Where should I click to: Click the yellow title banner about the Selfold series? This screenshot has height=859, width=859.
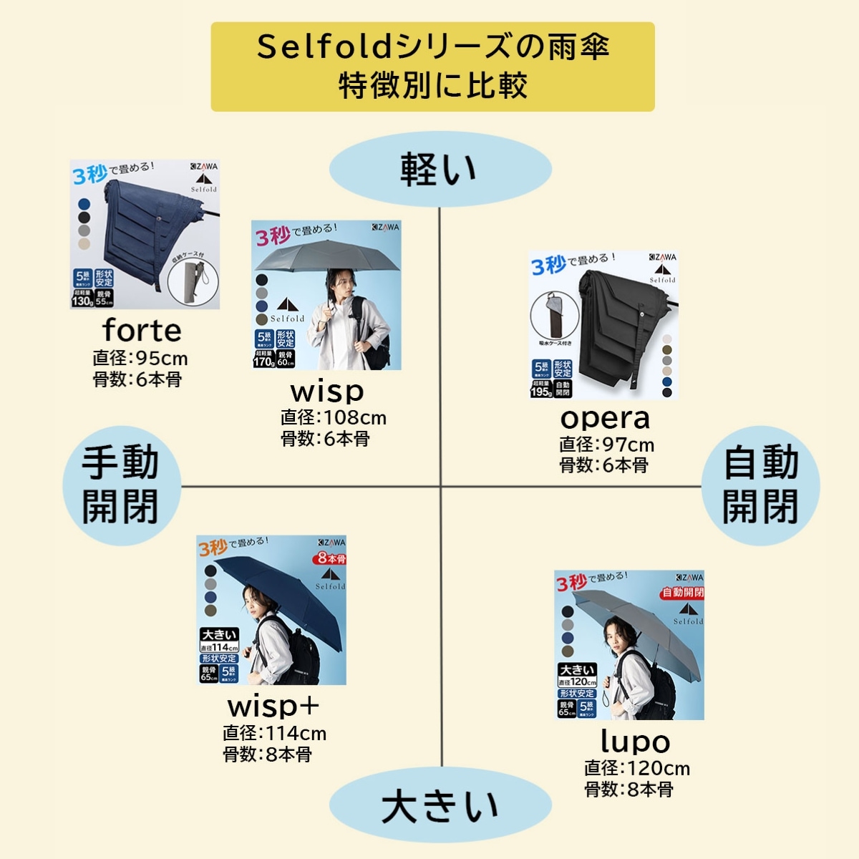[432, 67]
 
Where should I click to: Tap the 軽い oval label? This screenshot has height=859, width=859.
[440, 170]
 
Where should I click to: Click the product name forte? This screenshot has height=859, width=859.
[142, 331]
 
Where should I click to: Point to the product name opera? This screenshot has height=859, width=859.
[605, 417]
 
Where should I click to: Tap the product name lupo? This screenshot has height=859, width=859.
[635, 742]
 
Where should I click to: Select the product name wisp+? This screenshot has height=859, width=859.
[273, 706]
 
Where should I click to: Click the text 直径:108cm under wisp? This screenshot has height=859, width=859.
[333, 418]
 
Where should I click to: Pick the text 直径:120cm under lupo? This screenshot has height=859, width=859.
[636, 769]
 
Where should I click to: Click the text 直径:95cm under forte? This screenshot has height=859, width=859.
[140, 359]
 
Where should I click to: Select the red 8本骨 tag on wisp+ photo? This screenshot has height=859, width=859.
[331, 558]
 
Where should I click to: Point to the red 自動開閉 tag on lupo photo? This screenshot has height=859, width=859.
[682, 592]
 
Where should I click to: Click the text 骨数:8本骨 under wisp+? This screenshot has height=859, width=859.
[267, 754]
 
